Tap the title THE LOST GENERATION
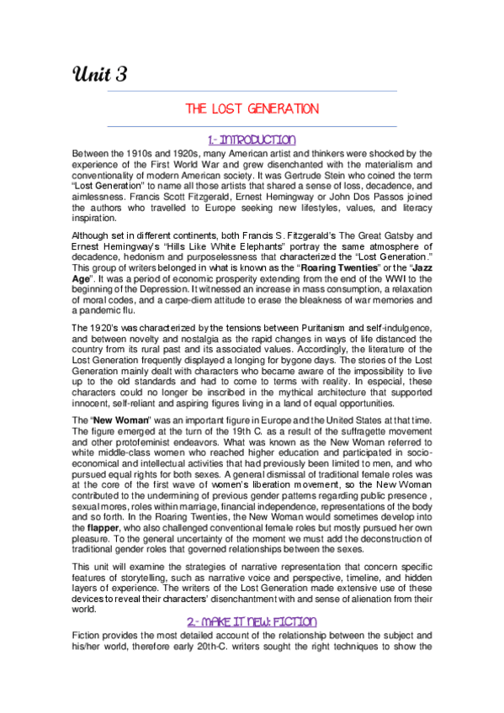pyautogui.click(x=252, y=109)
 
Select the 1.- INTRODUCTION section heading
pyautogui.click(x=252, y=139)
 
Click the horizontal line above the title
pyautogui.click(x=252, y=90)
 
